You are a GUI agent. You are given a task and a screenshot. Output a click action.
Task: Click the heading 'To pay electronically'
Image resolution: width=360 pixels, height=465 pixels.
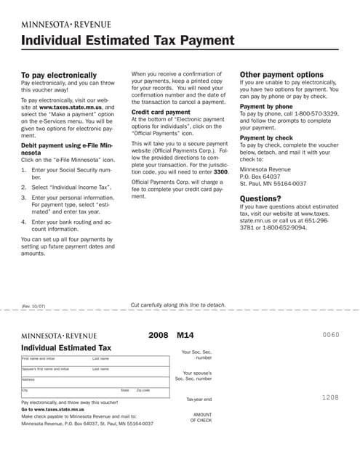coord(58,75)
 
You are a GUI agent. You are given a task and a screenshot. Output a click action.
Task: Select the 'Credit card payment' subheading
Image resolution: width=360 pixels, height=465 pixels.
coord(161,113)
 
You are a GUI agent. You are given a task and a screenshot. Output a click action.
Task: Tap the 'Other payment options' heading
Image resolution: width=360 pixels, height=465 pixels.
coord(281,74)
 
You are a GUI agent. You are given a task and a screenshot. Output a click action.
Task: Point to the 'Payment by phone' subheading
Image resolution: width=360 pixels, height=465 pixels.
coord(266,106)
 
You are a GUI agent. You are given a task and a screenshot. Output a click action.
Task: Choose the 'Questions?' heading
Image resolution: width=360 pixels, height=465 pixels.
coord(260,198)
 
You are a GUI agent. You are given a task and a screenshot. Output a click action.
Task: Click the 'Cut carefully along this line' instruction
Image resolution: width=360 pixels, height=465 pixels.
coord(178,304)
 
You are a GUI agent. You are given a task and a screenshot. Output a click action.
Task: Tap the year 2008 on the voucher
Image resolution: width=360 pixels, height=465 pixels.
coord(158,336)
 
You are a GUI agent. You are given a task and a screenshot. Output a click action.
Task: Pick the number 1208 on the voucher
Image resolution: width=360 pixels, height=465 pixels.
coord(330,398)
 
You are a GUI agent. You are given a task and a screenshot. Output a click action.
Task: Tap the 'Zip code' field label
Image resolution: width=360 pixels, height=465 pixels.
coord(143,390)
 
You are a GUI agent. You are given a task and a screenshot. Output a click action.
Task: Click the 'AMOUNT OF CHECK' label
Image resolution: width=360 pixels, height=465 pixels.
coord(201,416)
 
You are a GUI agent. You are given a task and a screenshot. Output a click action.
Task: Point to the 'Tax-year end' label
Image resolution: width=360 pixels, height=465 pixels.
coord(199,399)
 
